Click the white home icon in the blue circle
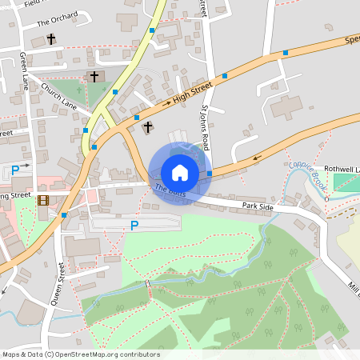[180, 172]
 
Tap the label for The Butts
[170, 190]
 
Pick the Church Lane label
[58, 96]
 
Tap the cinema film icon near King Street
[42, 199]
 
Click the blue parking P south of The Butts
[134, 226]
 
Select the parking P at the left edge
[15, 170]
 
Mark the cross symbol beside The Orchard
[51, 38]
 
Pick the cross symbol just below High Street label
[146, 126]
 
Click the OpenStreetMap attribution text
[80, 354]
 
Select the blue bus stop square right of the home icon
[210, 173]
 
